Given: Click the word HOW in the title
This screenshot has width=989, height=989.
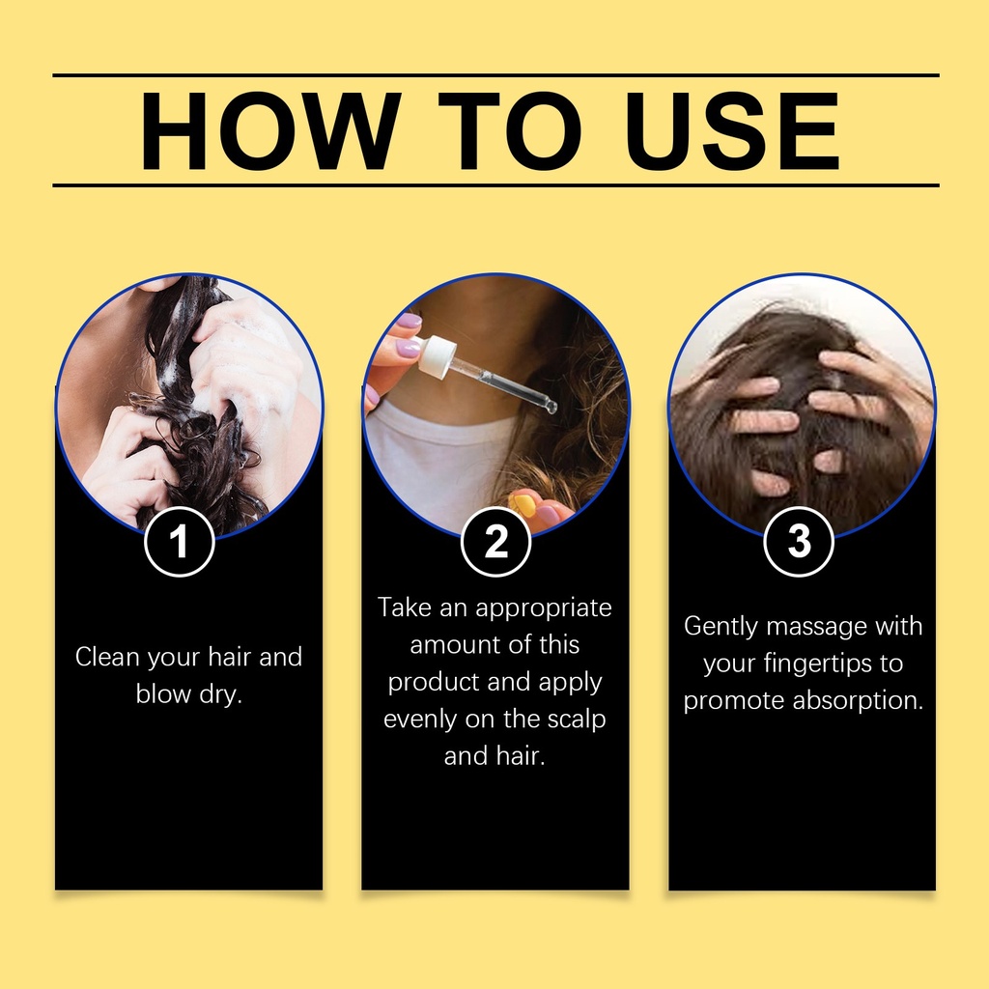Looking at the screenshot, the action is [x=270, y=131].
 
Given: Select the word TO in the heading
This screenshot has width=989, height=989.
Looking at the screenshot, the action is [x=509, y=131].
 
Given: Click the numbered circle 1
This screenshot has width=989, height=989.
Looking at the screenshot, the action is [x=180, y=541].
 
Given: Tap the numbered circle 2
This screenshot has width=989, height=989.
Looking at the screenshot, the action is [x=495, y=541].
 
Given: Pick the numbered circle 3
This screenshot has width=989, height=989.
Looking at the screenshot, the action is [x=799, y=541].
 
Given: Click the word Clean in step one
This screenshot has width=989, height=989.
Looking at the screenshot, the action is [x=107, y=657].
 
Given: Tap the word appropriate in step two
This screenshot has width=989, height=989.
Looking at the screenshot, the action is [x=544, y=608].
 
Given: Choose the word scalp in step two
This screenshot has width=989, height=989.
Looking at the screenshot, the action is [x=577, y=720].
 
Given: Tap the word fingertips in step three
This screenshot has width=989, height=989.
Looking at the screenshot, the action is [x=818, y=664].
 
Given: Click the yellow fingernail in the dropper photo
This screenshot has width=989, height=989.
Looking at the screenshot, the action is [x=523, y=502].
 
